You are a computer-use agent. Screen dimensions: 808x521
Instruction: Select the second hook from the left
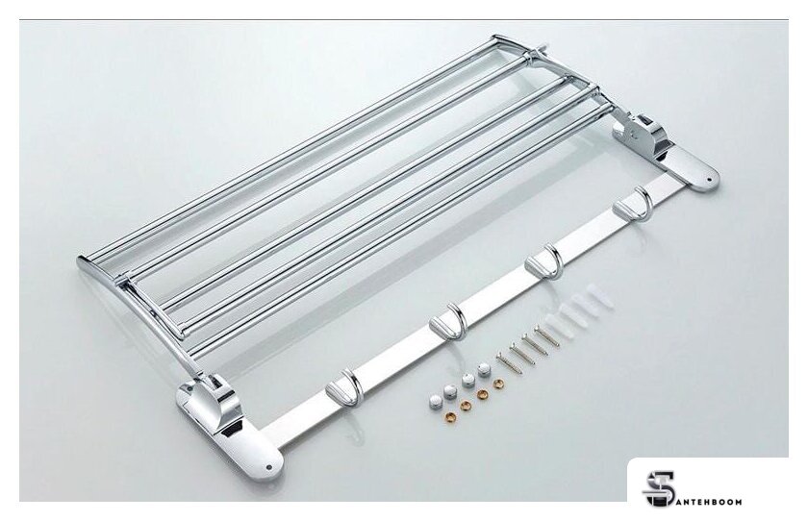[448, 319]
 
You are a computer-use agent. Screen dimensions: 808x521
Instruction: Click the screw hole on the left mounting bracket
[268, 467]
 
